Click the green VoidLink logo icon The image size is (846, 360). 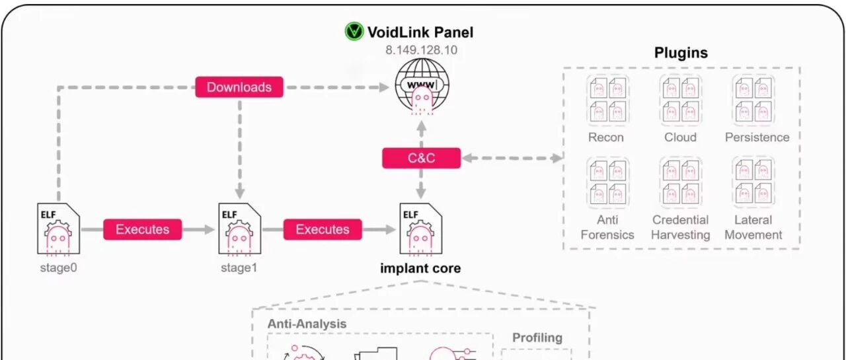(x=354, y=31)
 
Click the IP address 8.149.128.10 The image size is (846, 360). (x=421, y=50)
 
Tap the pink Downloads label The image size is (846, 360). (x=239, y=87)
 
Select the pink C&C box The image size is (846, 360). (x=421, y=158)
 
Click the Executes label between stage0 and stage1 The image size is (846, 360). (x=142, y=229)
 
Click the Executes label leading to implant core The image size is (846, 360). (x=323, y=229)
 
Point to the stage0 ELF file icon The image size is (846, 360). (x=58, y=229)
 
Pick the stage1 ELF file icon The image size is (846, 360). (x=239, y=229)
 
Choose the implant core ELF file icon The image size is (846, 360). (x=421, y=229)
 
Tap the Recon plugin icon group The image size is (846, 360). (x=607, y=100)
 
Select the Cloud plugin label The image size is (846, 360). (x=680, y=137)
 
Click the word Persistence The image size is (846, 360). (x=757, y=137)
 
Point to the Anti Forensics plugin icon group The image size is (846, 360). (x=607, y=182)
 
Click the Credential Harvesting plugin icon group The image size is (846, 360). (x=681, y=182)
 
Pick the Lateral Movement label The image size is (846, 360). (x=753, y=227)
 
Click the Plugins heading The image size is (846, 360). (x=681, y=53)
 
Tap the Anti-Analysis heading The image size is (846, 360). (x=307, y=324)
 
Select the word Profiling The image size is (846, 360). (x=537, y=338)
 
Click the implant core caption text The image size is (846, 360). (x=420, y=268)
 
